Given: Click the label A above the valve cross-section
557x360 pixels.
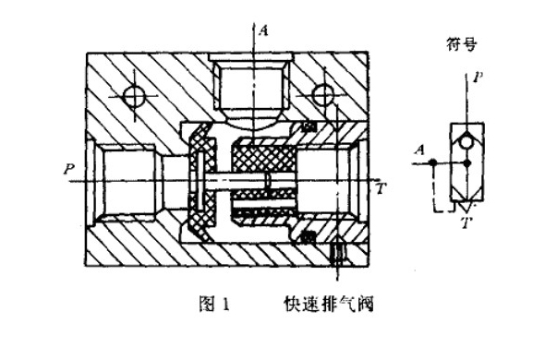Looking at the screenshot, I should pos(264,30).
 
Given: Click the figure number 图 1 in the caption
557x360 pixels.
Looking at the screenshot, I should pos(213,300).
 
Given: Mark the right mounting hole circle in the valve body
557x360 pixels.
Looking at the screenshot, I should pos(322,94).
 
